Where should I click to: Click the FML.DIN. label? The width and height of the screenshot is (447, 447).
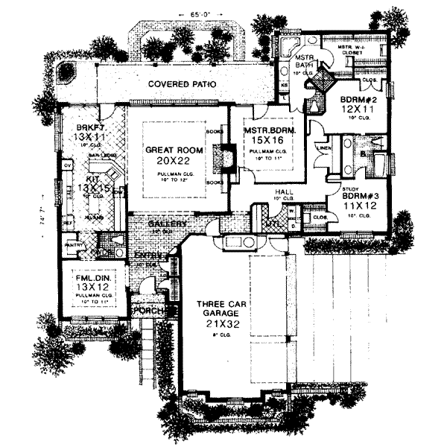pos(94,280)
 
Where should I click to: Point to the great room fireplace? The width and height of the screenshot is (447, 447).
pos(217,159)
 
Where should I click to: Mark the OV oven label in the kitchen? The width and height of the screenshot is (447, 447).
pos(67,165)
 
